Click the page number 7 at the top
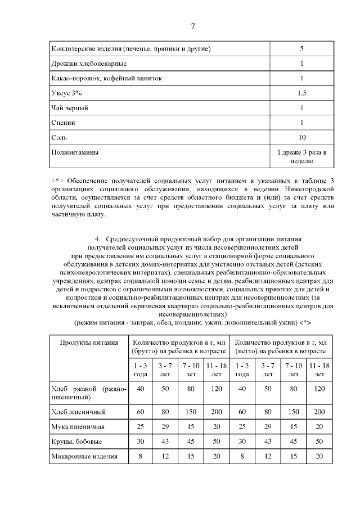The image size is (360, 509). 193,26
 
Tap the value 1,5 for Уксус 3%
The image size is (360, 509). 301,93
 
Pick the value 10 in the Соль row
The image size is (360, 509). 301,137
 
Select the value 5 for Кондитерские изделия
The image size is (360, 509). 301,49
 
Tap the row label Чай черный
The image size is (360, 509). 69,107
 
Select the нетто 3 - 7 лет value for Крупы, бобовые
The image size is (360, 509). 268,442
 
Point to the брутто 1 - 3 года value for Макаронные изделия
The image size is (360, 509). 140,456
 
